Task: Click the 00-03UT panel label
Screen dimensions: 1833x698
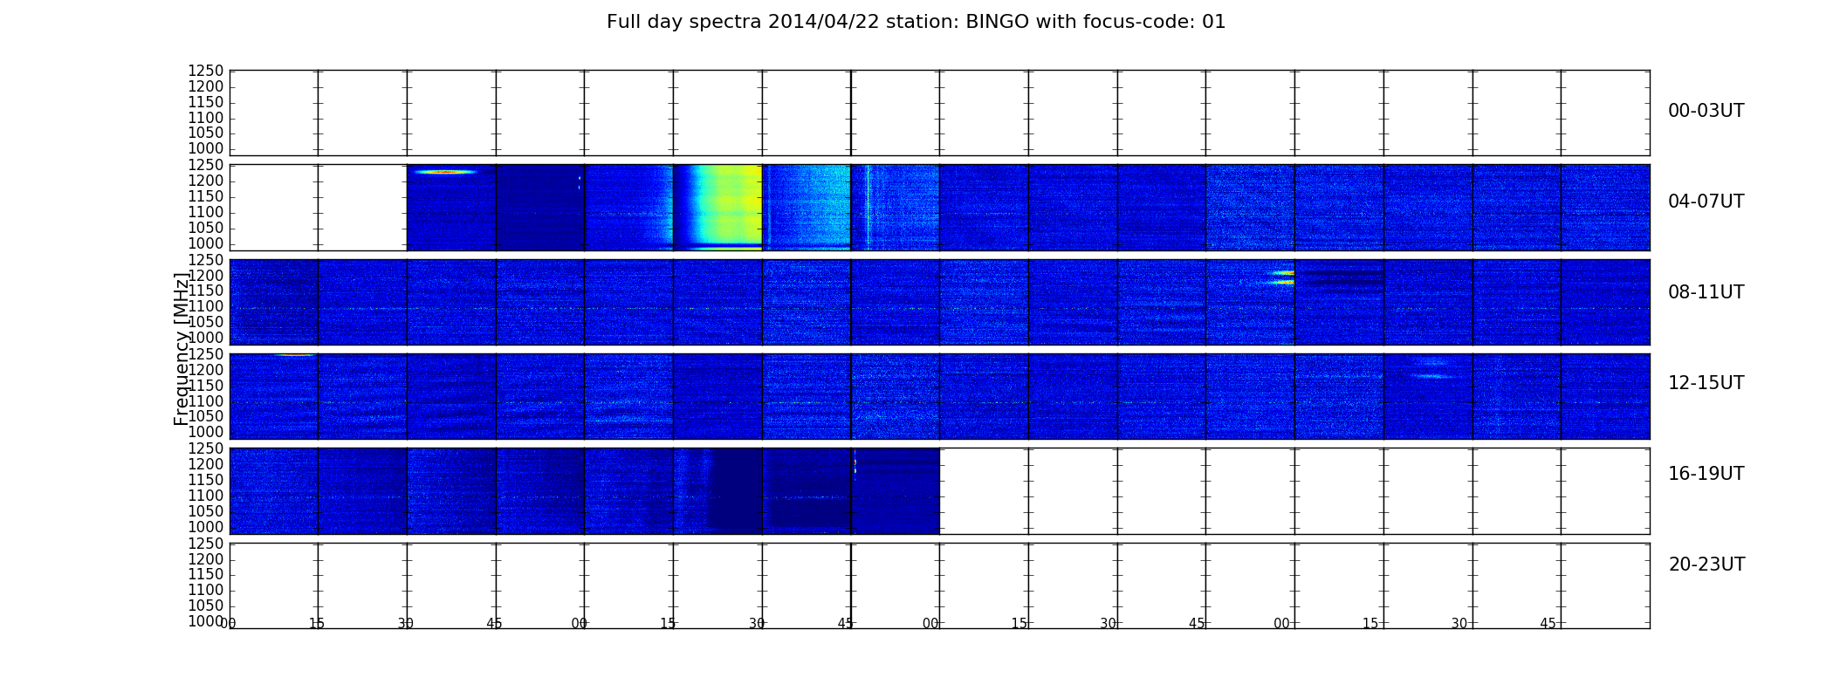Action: [1706, 111]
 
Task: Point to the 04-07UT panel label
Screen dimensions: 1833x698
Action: [1706, 202]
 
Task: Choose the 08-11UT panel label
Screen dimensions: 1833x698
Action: [1706, 292]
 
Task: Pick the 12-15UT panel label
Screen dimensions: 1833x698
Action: [1706, 383]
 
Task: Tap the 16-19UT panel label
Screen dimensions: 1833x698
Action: [1706, 474]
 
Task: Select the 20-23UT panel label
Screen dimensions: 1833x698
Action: [1706, 565]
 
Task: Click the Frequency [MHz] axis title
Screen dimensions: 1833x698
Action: [182, 349]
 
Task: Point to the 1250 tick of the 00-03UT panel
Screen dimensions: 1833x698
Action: [206, 72]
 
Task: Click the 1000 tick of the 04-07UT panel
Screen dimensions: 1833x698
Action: [206, 243]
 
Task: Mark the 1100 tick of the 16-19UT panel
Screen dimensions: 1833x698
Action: [206, 496]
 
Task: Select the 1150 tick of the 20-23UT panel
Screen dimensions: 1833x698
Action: [206, 574]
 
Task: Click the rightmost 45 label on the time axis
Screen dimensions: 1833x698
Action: [1548, 624]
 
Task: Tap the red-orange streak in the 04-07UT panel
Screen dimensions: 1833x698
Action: [445, 172]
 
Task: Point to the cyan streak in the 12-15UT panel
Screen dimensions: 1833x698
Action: [1431, 376]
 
